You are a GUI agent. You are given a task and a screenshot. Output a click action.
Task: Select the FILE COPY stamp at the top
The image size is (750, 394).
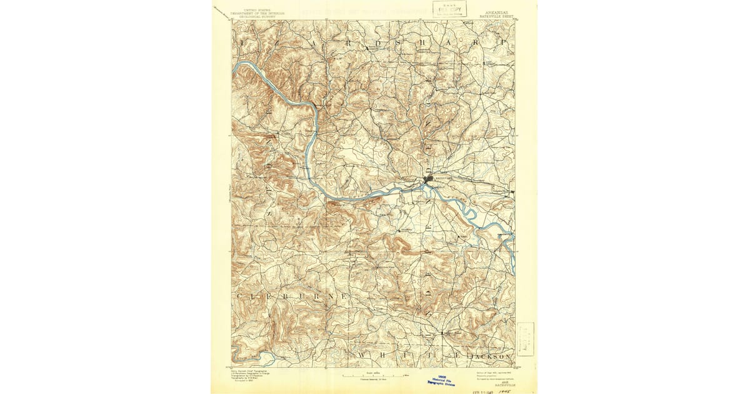[x=449, y=9]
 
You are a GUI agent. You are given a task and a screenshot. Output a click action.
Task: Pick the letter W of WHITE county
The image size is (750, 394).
[x=362, y=355]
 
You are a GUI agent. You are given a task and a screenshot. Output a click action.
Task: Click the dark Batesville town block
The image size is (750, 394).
[x=429, y=180]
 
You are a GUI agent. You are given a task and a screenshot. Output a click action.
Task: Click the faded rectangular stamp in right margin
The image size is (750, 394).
[x=526, y=338]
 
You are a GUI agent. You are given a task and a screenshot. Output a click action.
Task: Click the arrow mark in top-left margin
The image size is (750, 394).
[x=218, y=9]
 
